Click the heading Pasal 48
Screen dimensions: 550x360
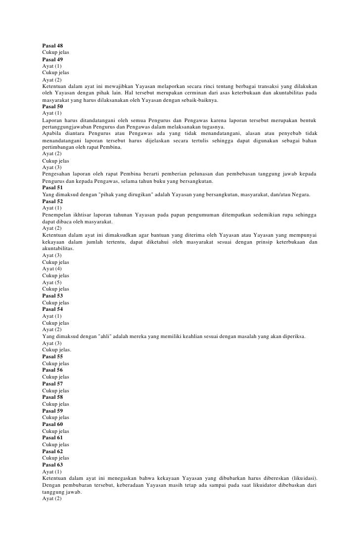(x=52, y=45)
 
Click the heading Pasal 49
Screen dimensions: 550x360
(x=52, y=59)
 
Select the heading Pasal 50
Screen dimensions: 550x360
(x=52, y=107)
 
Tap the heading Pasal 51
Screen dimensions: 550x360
(x=52, y=188)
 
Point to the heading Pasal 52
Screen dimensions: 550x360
(x=52, y=202)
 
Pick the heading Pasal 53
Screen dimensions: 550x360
(x=52, y=296)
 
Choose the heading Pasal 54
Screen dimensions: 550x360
(x=52, y=309)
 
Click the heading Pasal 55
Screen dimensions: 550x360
(x=52, y=357)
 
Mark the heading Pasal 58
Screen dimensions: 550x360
(x=52, y=397)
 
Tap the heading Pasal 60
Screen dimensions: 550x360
(x=52, y=424)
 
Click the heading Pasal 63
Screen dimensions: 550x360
(x=52, y=465)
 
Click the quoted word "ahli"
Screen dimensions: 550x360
(x=104, y=337)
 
